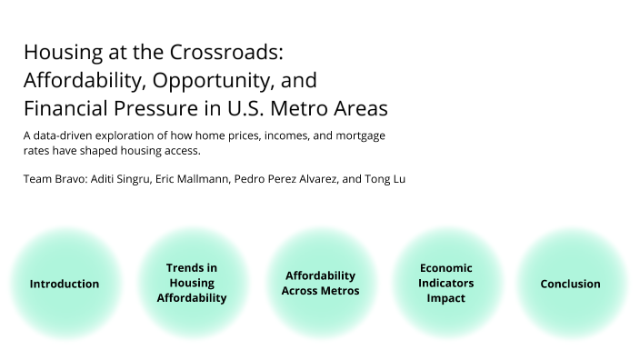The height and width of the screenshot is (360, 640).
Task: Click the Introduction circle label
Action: (65, 284)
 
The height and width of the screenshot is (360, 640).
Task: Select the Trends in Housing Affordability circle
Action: (192, 283)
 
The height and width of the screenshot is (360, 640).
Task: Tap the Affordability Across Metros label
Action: (320, 283)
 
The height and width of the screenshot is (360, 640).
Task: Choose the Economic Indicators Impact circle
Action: (445, 283)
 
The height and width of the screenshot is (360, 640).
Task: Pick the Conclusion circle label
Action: (570, 284)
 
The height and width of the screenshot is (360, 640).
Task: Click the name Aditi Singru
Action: (123, 179)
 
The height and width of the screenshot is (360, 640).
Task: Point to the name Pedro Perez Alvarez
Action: (285, 179)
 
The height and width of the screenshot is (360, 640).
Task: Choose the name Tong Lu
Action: (385, 179)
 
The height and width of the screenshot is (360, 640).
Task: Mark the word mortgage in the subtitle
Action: (359, 135)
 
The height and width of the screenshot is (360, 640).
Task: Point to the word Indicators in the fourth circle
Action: (445, 283)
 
